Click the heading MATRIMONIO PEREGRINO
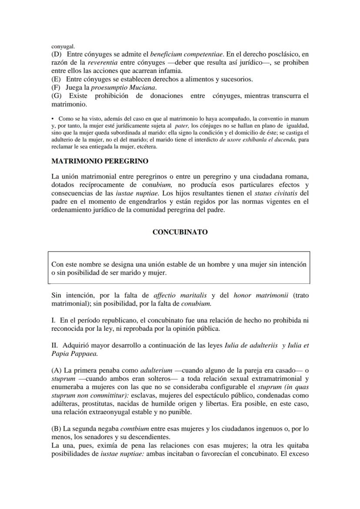click(x=100, y=161)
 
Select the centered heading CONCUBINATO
click(x=180, y=232)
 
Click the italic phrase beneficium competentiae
click(x=187, y=55)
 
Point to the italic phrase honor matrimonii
click(x=261, y=295)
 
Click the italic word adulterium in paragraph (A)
click(x=155, y=371)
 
